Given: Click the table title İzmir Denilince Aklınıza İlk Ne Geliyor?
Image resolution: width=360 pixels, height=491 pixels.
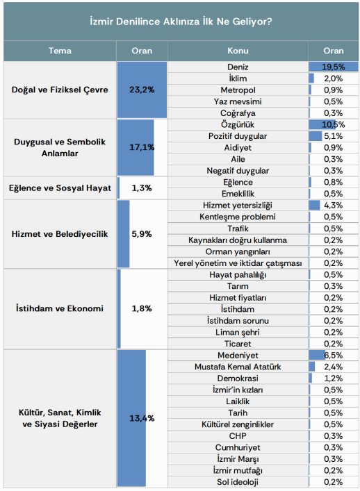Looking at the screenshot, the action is [x=181, y=22].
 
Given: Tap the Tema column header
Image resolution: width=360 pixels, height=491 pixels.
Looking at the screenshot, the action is [x=60, y=51].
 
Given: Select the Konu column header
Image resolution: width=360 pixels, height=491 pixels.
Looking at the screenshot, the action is [x=238, y=51].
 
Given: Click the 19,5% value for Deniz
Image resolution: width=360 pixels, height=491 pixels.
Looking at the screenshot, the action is [x=334, y=67].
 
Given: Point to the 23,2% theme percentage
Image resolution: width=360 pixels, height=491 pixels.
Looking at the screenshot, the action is [x=142, y=90].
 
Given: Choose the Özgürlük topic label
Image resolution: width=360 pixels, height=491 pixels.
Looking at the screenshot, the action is [x=238, y=124].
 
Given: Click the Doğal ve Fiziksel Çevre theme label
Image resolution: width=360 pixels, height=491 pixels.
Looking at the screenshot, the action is [x=60, y=90].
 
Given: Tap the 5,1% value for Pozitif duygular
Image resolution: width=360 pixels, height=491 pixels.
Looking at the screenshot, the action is [x=334, y=136].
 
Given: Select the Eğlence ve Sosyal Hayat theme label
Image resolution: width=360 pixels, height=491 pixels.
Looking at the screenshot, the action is [x=60, y=188].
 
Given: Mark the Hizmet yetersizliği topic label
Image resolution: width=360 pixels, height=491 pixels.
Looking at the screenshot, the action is [x=238, y=206].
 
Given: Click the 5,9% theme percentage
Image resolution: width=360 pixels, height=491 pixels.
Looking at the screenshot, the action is [x=142, y=234].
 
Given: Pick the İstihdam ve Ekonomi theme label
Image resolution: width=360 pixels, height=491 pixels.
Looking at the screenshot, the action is [x=60, y=308].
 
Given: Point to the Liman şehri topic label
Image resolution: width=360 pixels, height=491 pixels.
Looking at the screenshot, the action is [x=238, y=332].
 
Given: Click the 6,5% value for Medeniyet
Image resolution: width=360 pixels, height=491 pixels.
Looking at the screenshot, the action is [x=334, y=356].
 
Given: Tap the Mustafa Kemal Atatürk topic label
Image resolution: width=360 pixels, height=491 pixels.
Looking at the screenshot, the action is [x=238, y=367].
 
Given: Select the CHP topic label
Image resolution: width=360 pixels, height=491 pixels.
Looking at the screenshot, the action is [x=238, y=436].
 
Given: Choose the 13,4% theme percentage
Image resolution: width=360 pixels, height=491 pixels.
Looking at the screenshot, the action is [x=142, y=418].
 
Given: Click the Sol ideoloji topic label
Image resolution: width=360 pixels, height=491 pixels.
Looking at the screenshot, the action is [x=238, y=482].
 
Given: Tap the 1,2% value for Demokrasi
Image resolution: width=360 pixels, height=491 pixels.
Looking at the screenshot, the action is [x=334, y=378].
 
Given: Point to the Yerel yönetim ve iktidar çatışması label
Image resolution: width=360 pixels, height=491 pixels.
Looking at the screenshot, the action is [x=238, y=263].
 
